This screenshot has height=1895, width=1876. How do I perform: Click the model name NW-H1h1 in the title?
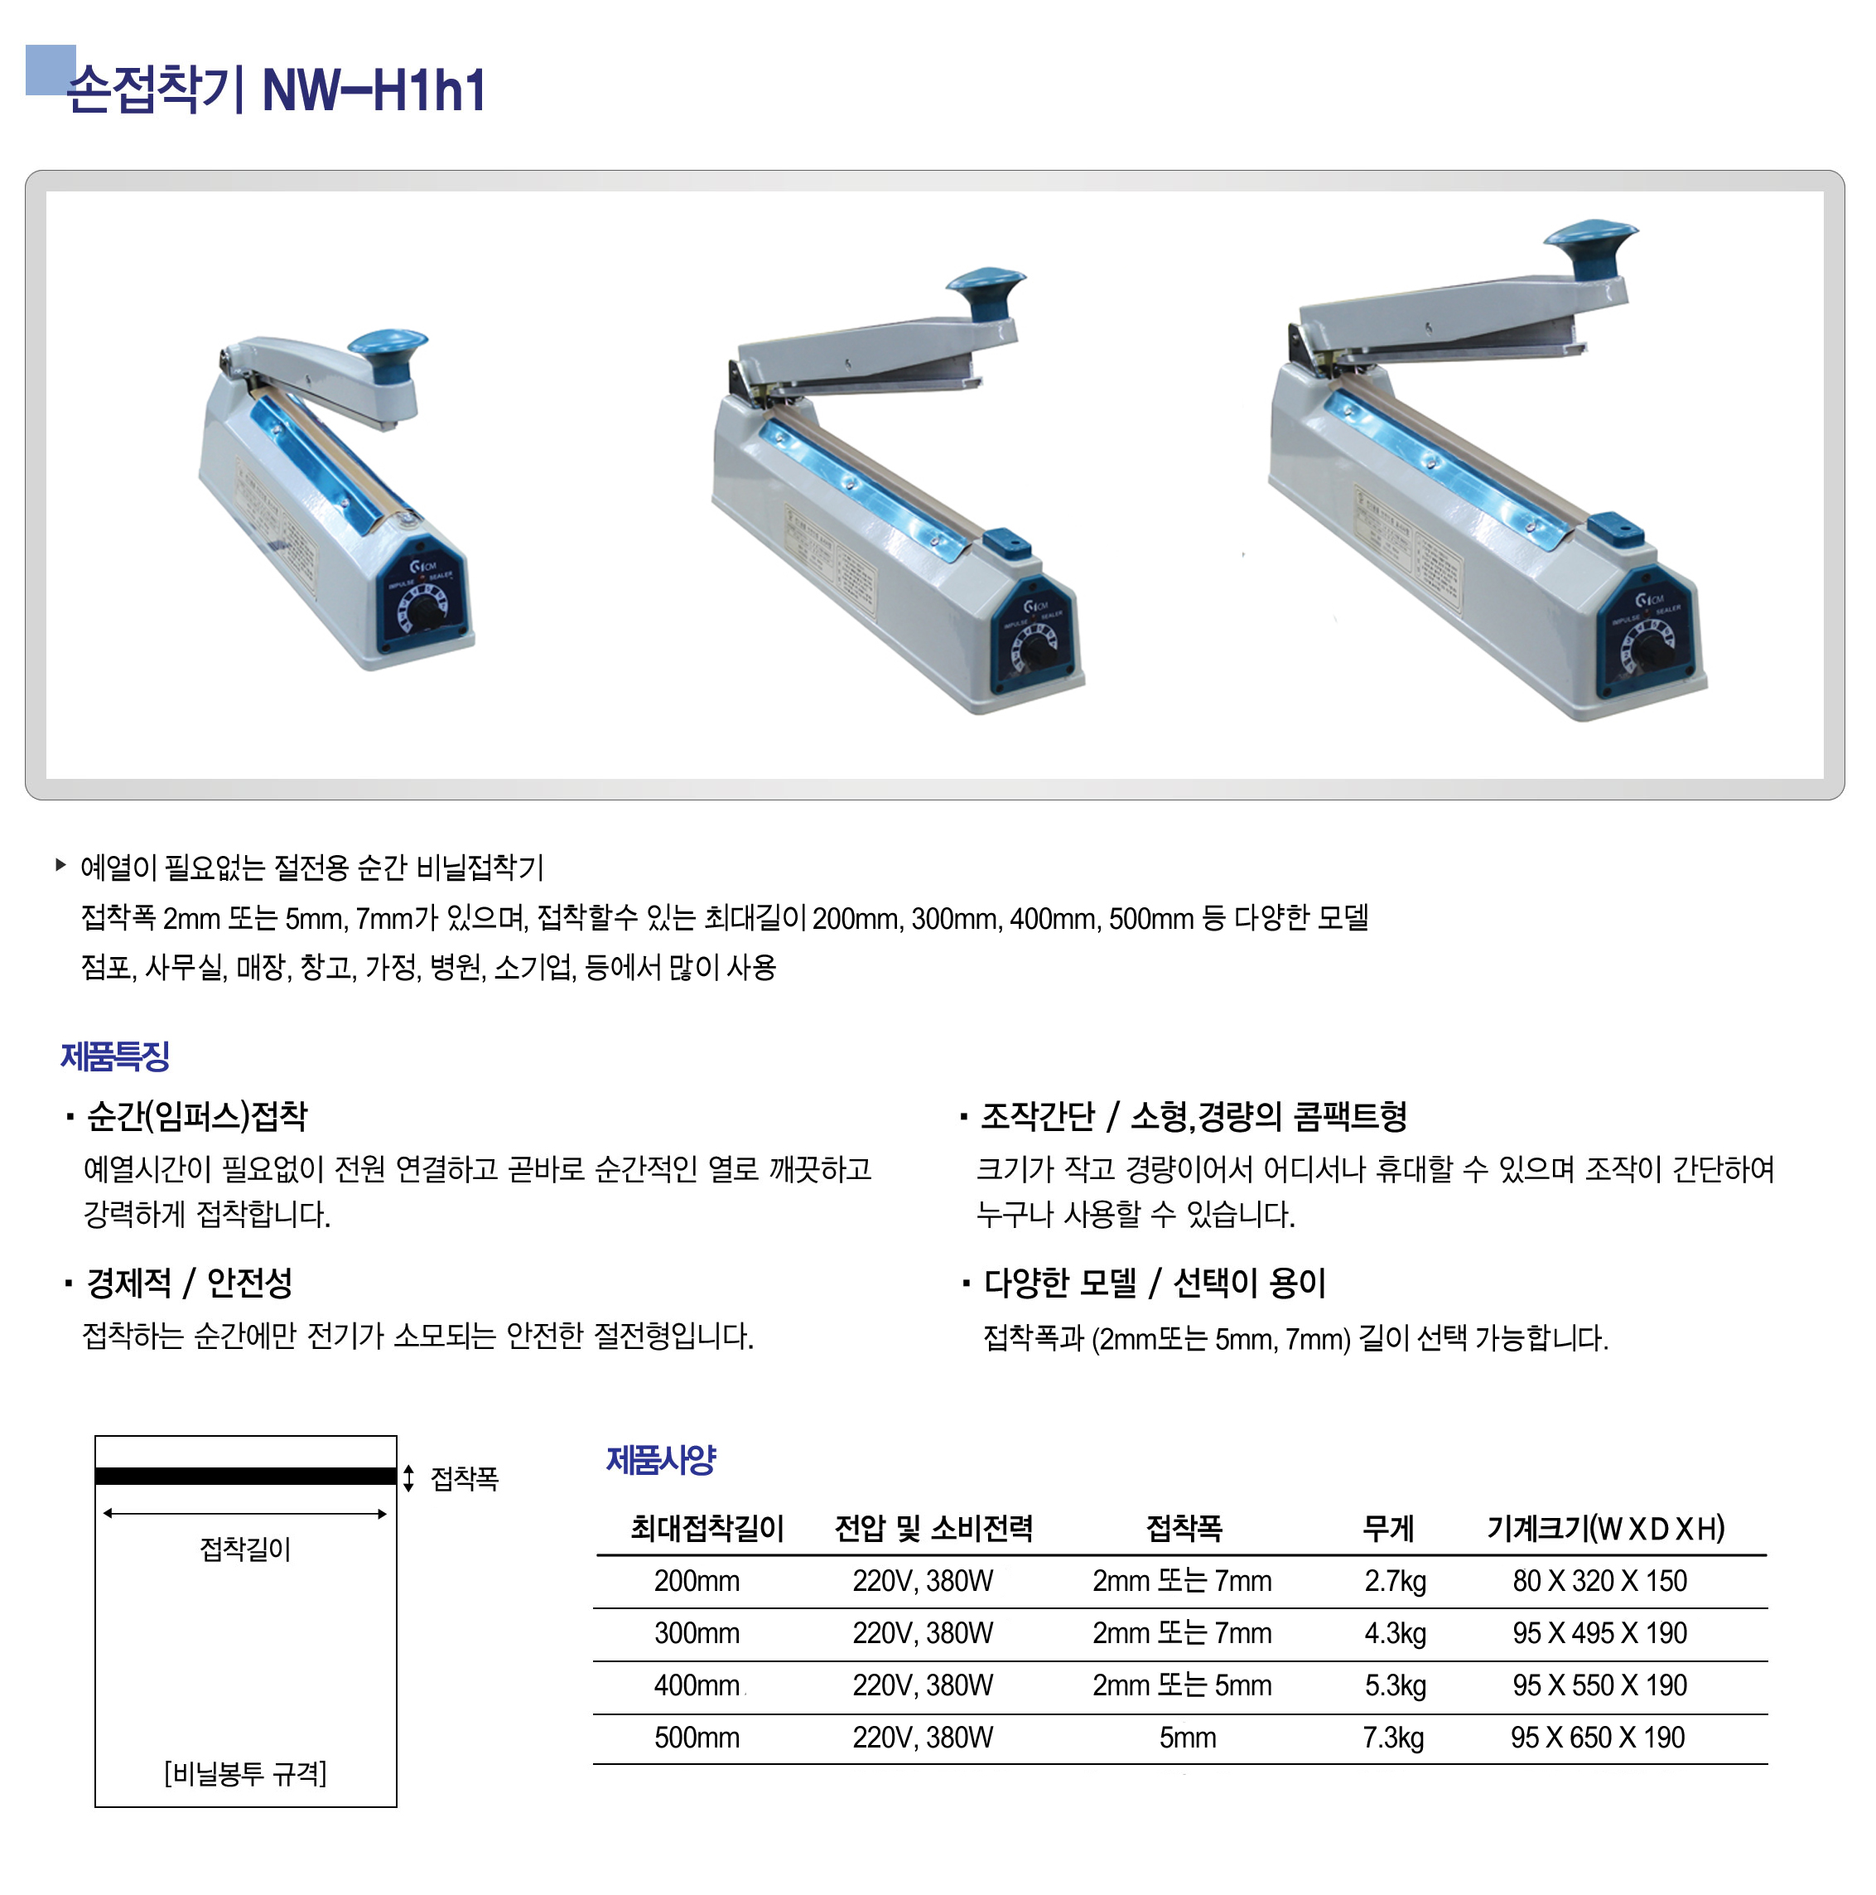(x=374, y=90)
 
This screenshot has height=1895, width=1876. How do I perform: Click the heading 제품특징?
(x=116, y=1056)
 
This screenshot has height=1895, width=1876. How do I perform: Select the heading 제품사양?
(x=661, y=1459)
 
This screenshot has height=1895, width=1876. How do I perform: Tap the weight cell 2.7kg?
(x=1395, y=1581)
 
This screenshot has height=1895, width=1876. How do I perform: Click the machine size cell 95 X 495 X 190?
(x=1599, y=1633)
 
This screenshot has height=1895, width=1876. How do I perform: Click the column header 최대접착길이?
(x=707, y=1528)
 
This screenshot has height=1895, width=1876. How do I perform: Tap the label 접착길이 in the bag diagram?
(x=245, y=1549)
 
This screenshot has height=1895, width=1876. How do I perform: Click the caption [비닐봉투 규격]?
(x=245, y=1772)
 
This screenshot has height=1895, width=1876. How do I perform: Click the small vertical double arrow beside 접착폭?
(x=409, y=1478)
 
